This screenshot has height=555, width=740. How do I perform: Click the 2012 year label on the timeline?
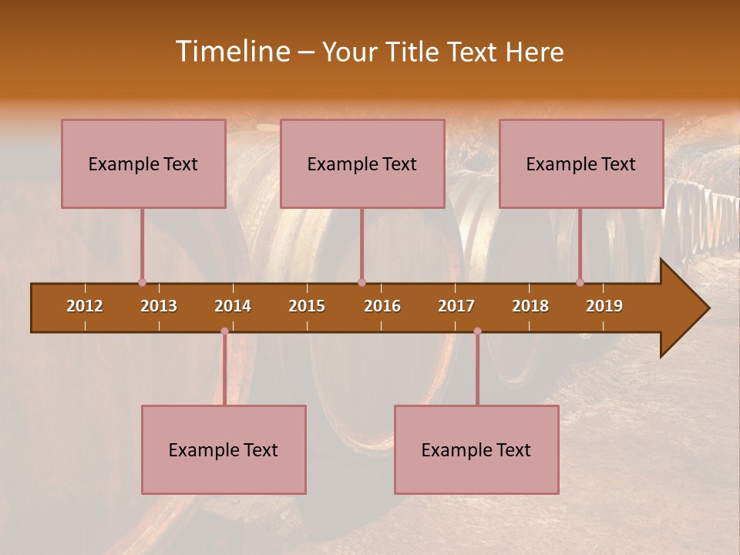[85, 306]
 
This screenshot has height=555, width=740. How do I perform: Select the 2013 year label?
[159, 306]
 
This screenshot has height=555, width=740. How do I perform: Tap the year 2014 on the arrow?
[233, 306]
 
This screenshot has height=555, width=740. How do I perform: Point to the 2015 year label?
[307, 306]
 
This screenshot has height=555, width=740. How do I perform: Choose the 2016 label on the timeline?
[382, 306]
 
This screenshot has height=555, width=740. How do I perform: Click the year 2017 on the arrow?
[456, 306]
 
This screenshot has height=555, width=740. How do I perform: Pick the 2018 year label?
[530, 306]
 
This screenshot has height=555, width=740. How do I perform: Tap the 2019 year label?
[604, 306]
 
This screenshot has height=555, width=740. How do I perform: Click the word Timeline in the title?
[231, 52]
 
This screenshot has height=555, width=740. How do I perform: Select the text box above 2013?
[143, 163]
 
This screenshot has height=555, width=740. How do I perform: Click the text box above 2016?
[362, 163]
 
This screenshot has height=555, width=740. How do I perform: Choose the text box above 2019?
[581, 163]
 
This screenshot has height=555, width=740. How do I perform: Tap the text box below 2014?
[224, 449]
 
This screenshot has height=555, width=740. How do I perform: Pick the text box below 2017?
[476, 449]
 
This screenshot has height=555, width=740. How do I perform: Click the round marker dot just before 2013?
[142, 283]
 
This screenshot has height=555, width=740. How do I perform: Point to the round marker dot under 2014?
[224, 331]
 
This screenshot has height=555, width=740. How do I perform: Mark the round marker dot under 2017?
[477, 331]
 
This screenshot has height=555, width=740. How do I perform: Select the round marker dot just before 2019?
[580, 283]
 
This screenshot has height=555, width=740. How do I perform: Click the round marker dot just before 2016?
[362, 283]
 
